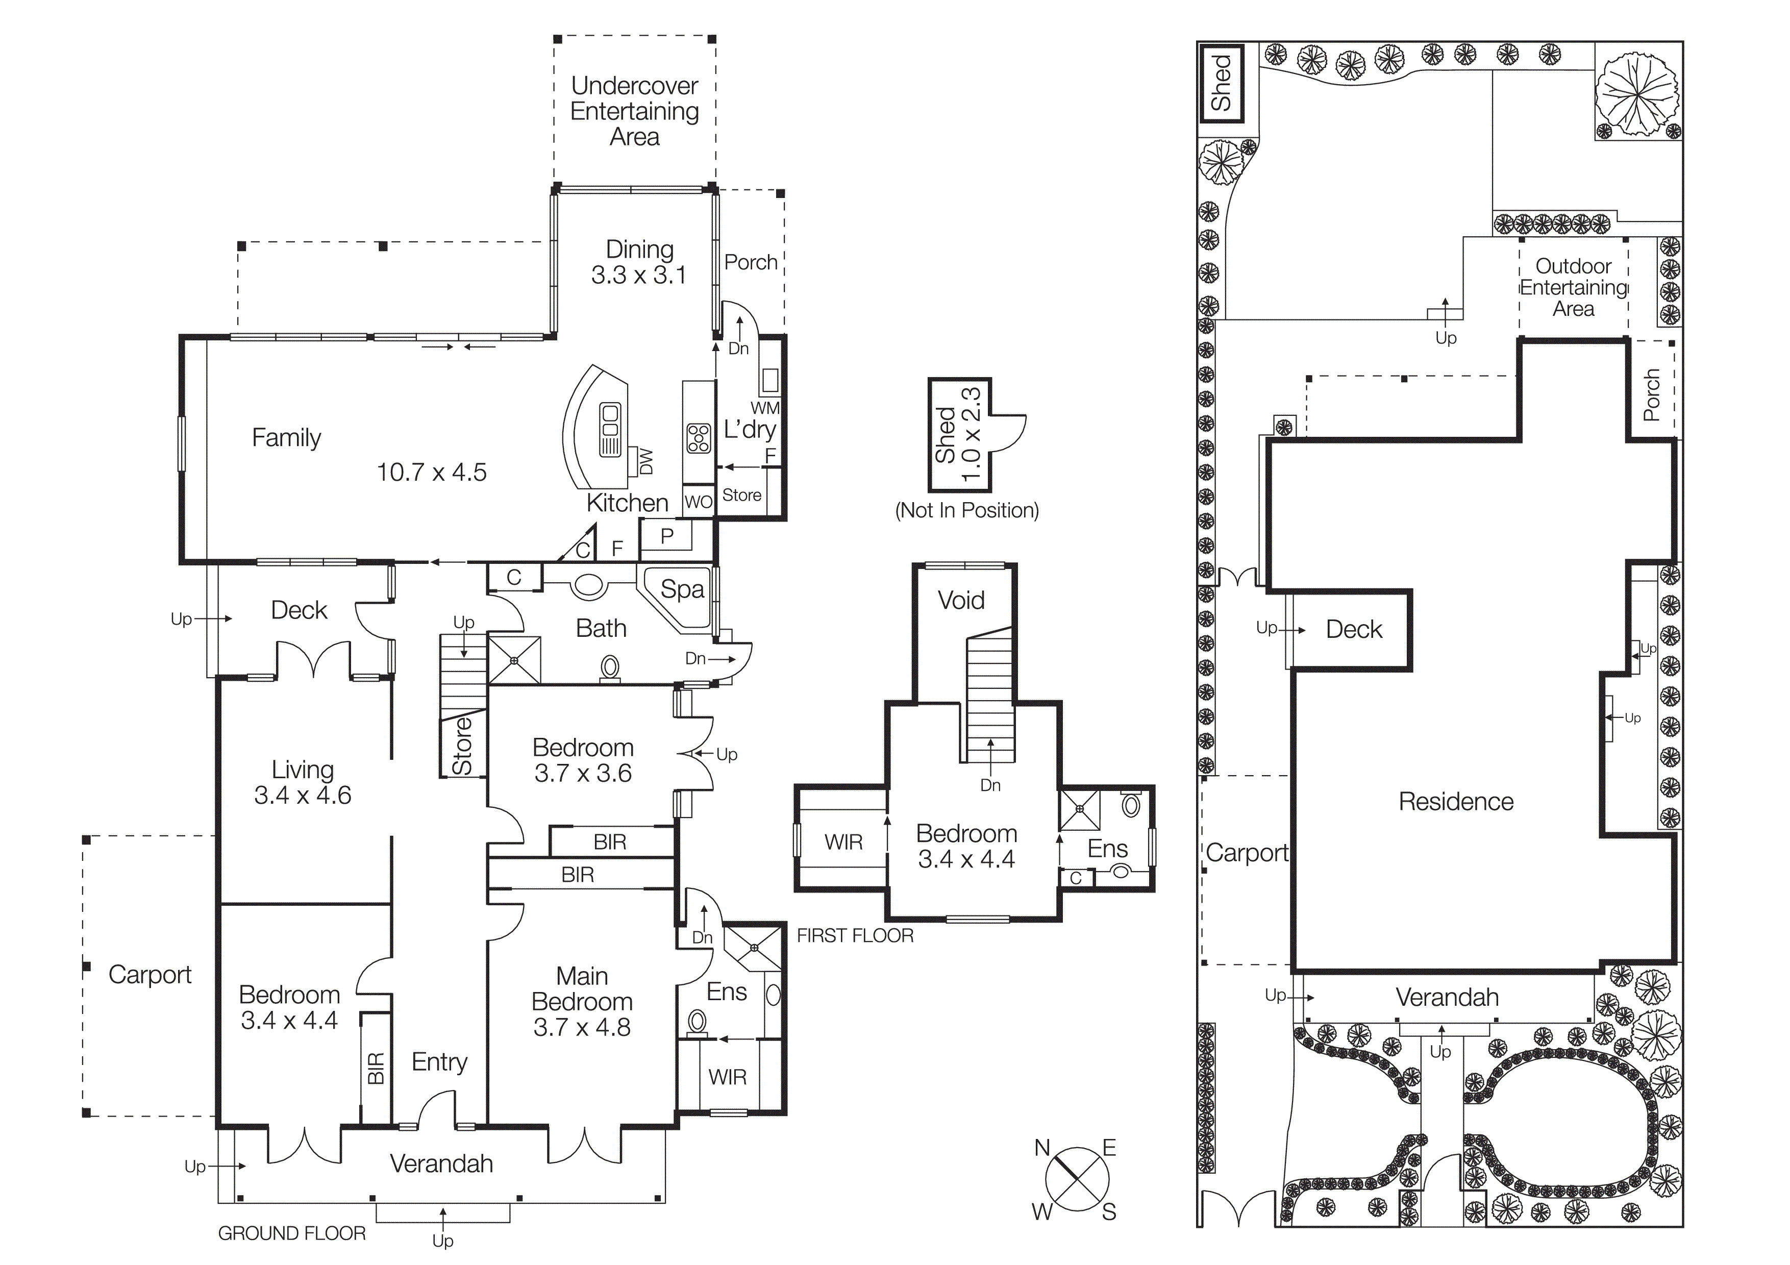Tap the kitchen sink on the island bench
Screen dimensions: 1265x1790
pyautogui.click(x=610, y=429)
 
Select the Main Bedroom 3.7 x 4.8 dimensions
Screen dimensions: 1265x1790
pyautogui.click(x=582, y=1027)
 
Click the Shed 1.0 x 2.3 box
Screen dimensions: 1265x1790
pyautogui.click(x=959, y=435)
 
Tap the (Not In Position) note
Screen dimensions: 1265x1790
pyautogui.click(x=967, y=510)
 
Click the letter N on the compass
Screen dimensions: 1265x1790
pyautogui.click(x=1042, y=1147)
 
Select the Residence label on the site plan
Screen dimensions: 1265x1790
pyautogui.click(x=1456, y=801)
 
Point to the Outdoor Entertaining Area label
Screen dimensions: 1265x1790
pyautogui.click(x=1573, y=288)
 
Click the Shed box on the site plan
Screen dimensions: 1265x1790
pyautogui.click(x=1221, y=83)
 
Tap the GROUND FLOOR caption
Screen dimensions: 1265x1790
pyautogui.click(x=291, y=1233)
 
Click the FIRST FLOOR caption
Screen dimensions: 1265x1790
pyautogui.click(x=855, y=935)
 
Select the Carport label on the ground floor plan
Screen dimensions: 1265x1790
pyautogui.click(x=150, y=974)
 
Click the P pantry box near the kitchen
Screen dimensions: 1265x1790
pyautogui.click(x=666, y=536)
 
